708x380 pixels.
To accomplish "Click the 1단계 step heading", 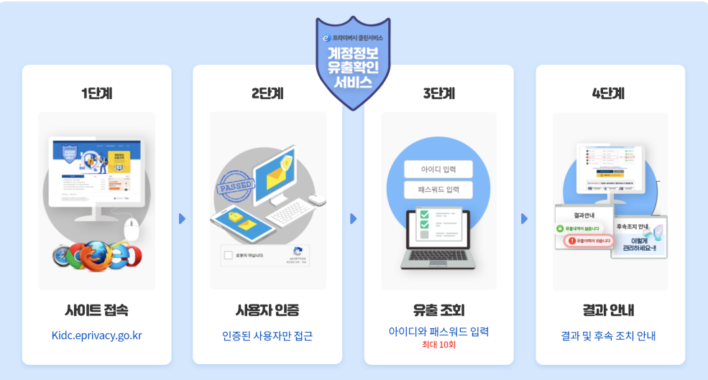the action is (x=96, y=93).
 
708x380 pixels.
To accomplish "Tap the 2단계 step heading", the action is (x=267, y=93).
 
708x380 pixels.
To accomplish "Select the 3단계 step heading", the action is (x=438, y=93).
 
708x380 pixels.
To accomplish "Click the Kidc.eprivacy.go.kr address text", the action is (x=97, y=335).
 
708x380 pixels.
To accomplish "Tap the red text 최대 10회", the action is (x=438, y=345).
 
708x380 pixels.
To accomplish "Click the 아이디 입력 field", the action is (x=438, y=170).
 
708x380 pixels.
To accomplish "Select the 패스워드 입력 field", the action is (x=438, y=190).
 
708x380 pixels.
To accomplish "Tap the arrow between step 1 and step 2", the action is (x=182, y=218).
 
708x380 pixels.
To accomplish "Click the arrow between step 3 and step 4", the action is (x=525, y=218).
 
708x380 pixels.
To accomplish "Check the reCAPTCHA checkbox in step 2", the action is (x=229, y=255).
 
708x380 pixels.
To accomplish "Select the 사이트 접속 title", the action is (x=96, y=311).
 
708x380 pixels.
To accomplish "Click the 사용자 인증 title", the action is (x=267, y=311).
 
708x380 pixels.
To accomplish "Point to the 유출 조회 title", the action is (x=438, y=311).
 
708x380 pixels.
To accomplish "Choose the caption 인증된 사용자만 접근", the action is (x=267, y=335).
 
